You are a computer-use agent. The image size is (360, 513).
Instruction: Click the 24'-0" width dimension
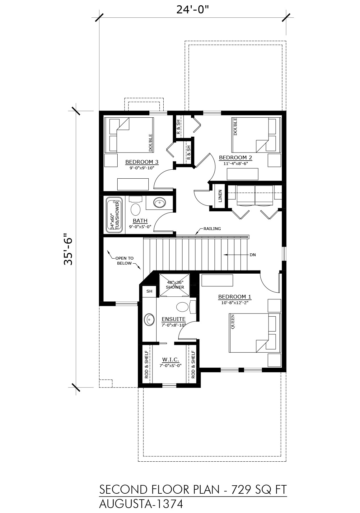point(193,9)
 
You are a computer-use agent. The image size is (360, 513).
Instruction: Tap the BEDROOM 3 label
point(142,162)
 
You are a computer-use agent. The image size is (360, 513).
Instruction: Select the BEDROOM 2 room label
point(236,157)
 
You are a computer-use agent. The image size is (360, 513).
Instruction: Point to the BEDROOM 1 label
point(235,297)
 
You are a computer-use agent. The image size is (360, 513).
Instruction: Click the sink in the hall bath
point(159,202)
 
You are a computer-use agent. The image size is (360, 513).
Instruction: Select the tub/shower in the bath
point(114,215)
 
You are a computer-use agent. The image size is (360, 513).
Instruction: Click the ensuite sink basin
point(149,319)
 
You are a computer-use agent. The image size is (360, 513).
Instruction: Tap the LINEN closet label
point(220,196)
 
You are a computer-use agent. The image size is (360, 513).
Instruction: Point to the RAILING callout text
point(212,228)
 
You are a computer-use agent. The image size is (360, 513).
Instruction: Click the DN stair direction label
point(253,255)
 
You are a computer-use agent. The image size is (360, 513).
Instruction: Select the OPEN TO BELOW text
point(124,261)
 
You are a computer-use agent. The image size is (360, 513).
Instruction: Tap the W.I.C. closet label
point(171,359)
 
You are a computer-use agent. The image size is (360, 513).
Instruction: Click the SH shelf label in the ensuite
point(149,291)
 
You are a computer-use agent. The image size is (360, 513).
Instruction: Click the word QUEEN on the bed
point(233,322)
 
